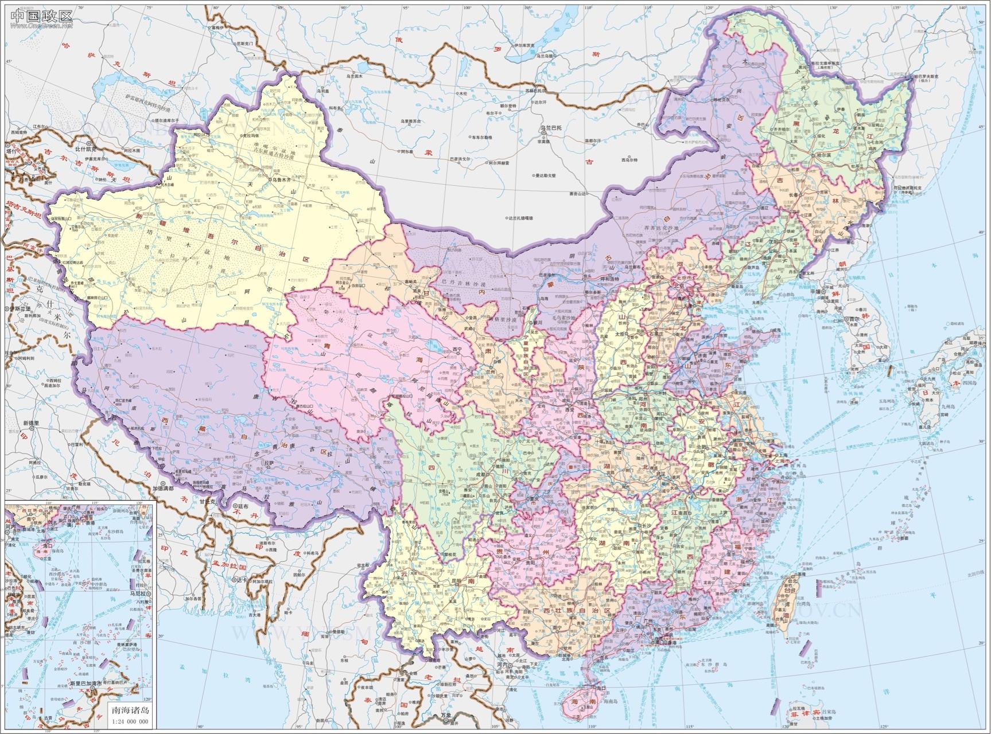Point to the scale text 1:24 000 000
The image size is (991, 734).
(x=129, y=721)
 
